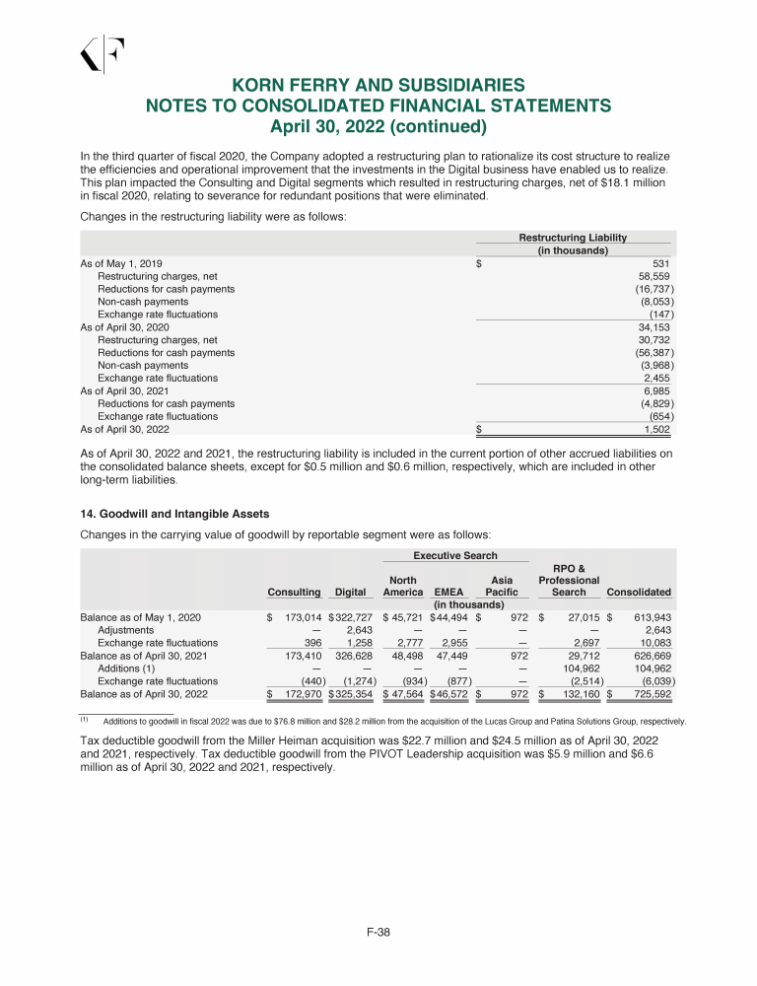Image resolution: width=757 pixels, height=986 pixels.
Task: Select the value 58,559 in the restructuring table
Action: (654, 277)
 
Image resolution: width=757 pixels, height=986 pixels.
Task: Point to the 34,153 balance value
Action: (654, 327)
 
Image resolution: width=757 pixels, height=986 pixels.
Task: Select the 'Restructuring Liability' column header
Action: (573, 238)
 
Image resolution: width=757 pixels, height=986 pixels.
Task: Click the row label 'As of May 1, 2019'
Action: (120, 264)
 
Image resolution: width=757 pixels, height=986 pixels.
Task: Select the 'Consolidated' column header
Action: (640, 592)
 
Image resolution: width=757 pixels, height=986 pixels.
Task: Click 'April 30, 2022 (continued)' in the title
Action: (378, 126)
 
